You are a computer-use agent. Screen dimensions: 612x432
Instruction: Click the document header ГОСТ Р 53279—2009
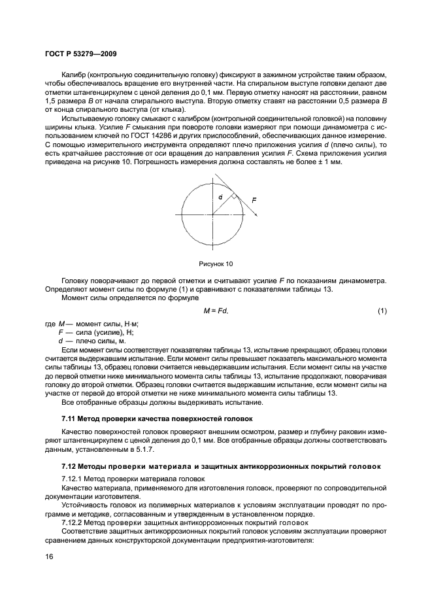click(x=80, y=53)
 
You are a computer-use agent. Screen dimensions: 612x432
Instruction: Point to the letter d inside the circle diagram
click(x=220, y=197)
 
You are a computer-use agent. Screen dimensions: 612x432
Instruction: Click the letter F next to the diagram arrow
click(x=254, y=201)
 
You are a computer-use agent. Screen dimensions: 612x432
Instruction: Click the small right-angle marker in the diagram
click(x=233, y=195)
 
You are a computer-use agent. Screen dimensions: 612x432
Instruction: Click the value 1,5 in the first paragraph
click(x=51, y=101)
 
